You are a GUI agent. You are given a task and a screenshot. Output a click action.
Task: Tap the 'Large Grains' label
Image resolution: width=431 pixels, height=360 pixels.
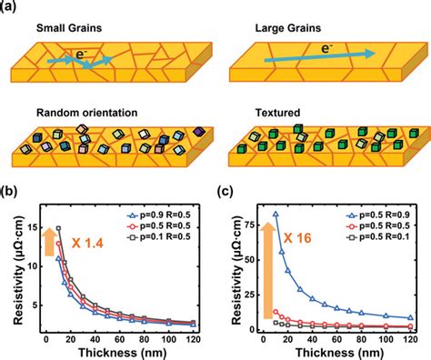277,28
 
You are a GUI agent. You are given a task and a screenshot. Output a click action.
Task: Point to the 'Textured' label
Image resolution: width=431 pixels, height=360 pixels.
268,113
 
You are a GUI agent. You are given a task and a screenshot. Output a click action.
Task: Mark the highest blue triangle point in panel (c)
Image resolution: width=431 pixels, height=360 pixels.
275,215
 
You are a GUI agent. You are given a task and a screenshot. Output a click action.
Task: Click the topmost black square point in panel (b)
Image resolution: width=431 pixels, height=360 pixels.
58,228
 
